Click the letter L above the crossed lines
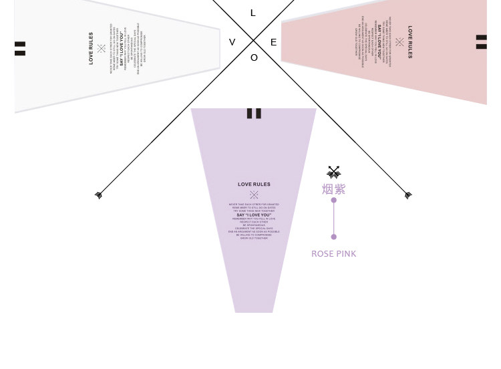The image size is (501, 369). (x=253, y=13)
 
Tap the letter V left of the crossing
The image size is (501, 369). (x=232, y=43)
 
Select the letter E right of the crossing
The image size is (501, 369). (x=273, y=43)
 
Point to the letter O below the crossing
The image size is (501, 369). (x=254, y=58)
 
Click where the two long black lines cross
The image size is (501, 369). (x=253, y=40)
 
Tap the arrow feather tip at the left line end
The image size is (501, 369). (x=99, y=195)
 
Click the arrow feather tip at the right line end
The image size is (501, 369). (x=408, y=195)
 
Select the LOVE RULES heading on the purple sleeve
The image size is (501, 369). (x=254, y=184)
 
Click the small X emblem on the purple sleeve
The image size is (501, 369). (x=254, y=195)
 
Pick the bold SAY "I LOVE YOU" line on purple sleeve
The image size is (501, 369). (x=254, y=215)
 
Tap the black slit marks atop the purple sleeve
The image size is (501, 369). (x=254, y=113)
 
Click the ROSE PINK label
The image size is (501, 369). (x=333, y=254)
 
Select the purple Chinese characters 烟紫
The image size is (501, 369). (x=333, y=189)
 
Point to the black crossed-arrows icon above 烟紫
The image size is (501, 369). (x=333, y=172)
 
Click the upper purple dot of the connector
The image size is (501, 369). (x=333, y=200)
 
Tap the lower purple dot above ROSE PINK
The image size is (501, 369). (x=333, y=237)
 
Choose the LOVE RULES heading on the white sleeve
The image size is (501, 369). (x=92, y=48)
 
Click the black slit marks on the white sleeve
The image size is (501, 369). (x=20, y=48)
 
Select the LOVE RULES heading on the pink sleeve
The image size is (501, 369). (x=409, y=41)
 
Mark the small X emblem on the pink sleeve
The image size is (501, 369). (x=399, y=42)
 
